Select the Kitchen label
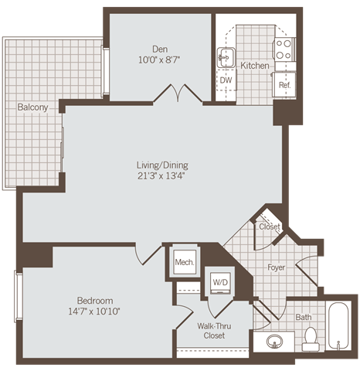(254, 66)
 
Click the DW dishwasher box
(226, 80)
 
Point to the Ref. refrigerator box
(284, 84)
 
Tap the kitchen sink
(226, 56)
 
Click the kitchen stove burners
(284, 49)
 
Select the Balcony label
(32, 107)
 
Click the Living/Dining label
(161, 165)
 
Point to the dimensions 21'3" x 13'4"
(161, 176)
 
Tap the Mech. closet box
(184, 262)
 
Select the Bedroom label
(95, 300)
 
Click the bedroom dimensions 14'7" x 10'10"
(95, 311)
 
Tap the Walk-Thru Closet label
(209, 331)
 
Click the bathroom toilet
(311, 338)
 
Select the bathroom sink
(275, 341)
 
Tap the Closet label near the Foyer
(269, 226)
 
